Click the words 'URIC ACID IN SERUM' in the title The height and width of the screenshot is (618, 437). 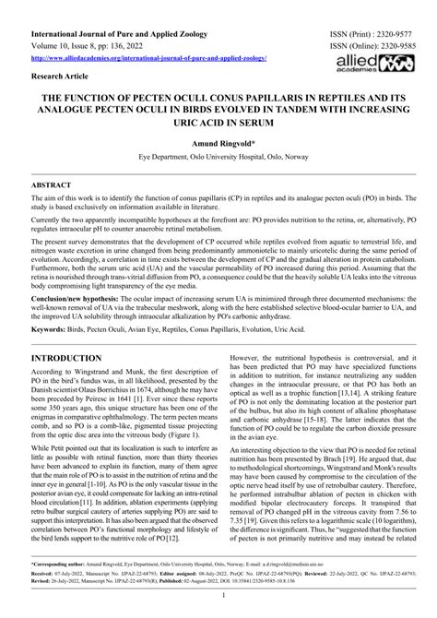click(218, 124)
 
